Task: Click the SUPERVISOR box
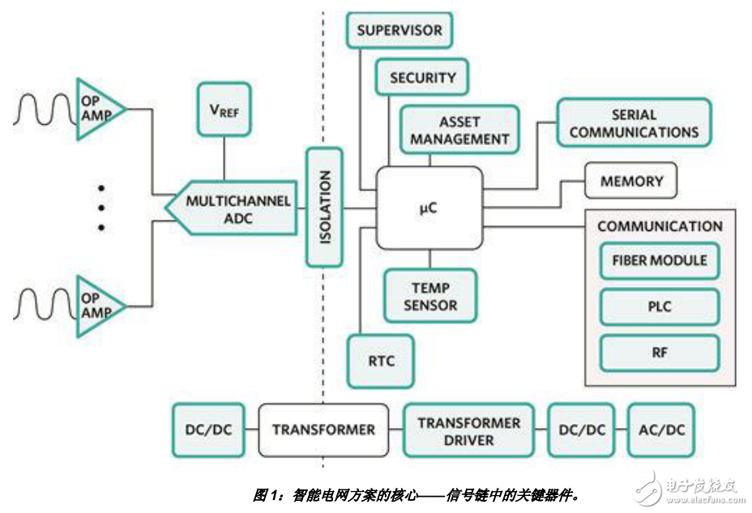click(x=399, y=31)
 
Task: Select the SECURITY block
click(x=422, y=78)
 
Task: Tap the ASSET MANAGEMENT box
click(x=459, y=130)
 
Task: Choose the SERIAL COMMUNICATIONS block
click(x=634, y=123)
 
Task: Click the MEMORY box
click(x=631, y=182)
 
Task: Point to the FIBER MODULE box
click(x=660, y=261)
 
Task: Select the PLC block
click(x=660, y=307)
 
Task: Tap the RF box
click(x=660, y=353)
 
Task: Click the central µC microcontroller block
click(x=429, y=207)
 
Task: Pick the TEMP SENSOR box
click(x=429, y=297)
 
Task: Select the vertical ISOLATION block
click(x=324, y=207)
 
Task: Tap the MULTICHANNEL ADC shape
click(x=230, y=208)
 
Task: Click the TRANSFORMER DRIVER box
click(x=469, y=430)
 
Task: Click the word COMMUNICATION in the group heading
click(x=660, y=226)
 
